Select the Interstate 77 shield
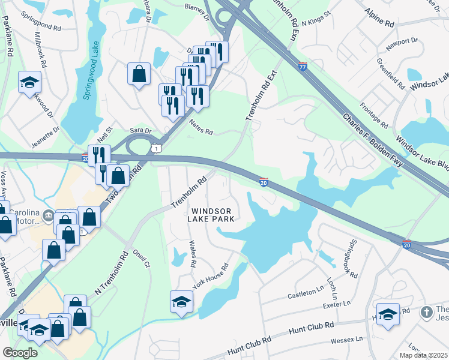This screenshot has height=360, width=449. tap(303, 67)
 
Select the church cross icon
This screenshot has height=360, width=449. tap(426, 312)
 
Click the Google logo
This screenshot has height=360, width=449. tap(20, 352)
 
